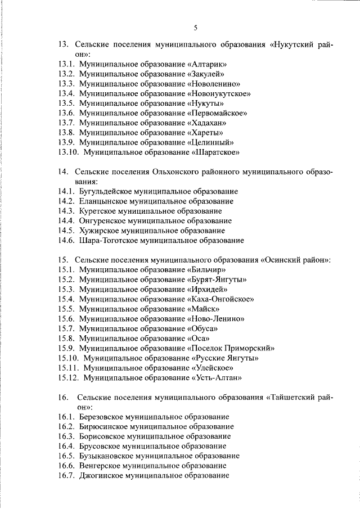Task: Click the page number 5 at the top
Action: [195, 28]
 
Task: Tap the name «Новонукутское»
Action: [219, 93]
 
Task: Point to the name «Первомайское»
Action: [217, 113]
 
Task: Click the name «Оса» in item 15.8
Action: [198, 339]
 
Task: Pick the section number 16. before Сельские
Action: [63, 397]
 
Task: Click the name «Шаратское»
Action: [217, 152]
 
